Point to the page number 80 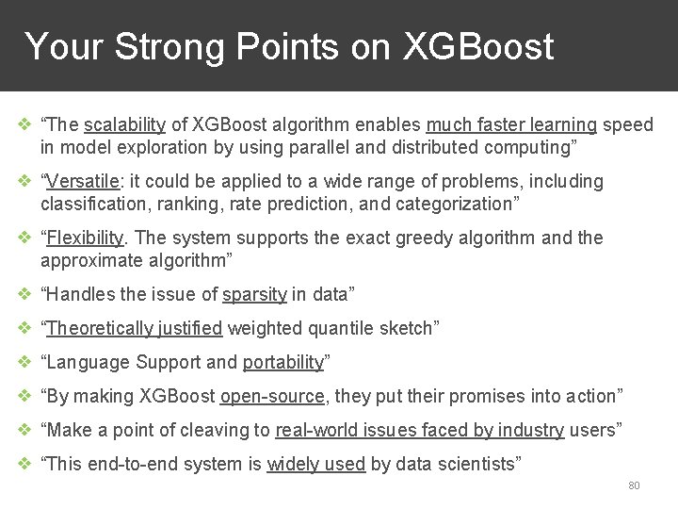(x=634, y=485)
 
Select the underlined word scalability (x=124, y=125)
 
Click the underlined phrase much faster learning (x=511, y=125)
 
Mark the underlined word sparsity (x=254, y=294)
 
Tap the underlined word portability (x=282, y=362)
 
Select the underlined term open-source (x=273, y=396)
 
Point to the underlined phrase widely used (x=315, y=464)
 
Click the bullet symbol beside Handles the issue (x=24, y=294)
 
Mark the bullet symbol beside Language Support (x=24, y=362)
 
